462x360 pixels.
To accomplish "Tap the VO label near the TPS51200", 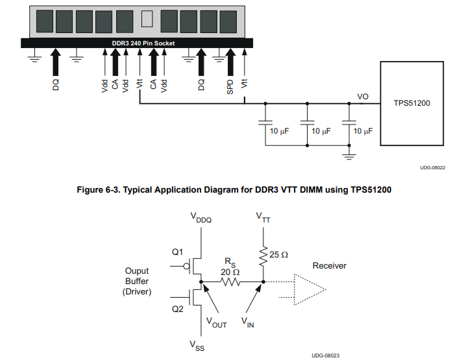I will [363, 97].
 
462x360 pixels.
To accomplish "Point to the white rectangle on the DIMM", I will [146, 19].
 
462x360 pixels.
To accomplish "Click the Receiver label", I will [330, 265].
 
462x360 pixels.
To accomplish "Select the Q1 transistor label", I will [178, 251].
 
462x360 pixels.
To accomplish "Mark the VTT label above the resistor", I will [263, 216].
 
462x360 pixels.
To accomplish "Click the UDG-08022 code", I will [432, 167].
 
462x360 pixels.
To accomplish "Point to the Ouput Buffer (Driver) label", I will [136, 282].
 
